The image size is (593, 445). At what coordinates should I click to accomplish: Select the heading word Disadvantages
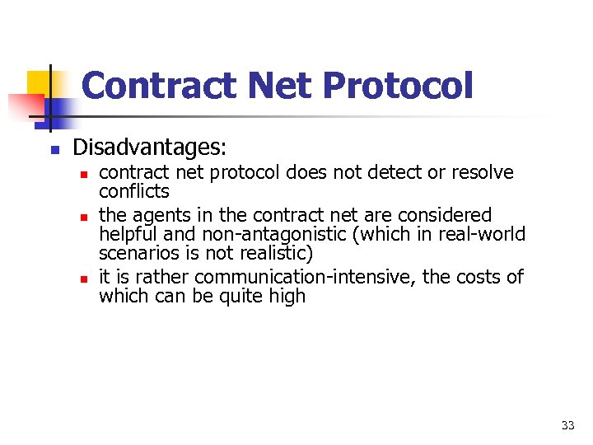(148, 148)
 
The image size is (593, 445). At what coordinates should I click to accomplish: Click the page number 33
(567, 425)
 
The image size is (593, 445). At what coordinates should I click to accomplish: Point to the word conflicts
(134, 192)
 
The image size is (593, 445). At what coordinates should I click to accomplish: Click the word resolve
(484, 173)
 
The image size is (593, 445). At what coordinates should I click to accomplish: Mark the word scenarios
(137, 253)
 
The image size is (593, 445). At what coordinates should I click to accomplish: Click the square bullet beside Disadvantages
(53, 150)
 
